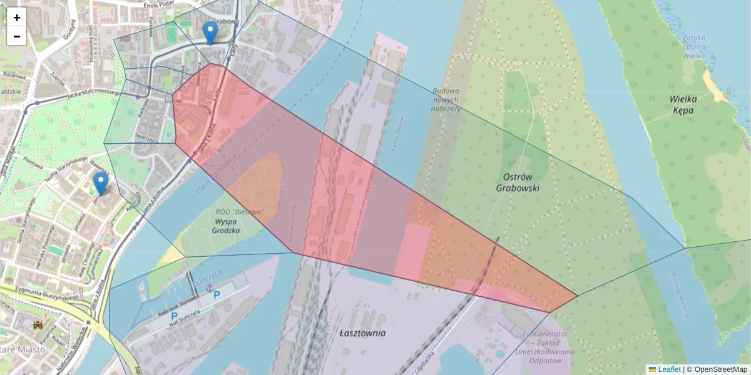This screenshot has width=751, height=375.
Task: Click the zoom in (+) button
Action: pyautogui.click(x=17, y=17)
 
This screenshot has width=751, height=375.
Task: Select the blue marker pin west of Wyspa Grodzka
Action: pyautogui.click(x=100, y=182)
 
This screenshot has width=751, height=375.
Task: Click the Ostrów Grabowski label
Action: pyautogui.click(x=518, y=182)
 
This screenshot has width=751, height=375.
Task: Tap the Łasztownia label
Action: pyautogui.click(x=363, y=333)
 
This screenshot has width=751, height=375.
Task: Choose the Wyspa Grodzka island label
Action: pyautogui.click(x=227, y=226)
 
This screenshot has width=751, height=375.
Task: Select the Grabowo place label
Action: pyautogui.click(x=226, y=21)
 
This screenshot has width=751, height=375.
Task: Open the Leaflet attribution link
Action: pyautogui.click(x=669, y=369)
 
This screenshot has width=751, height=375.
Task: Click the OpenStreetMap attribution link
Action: pyautogui.click(x=720, y=369)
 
